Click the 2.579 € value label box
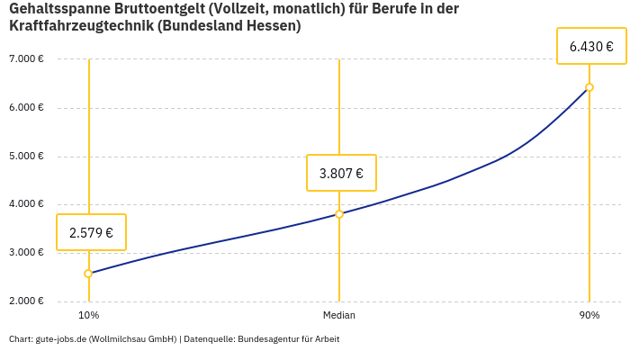91,232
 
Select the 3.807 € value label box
341,173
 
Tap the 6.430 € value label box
591,46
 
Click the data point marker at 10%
88,274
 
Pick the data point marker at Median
339,214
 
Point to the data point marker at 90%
589,87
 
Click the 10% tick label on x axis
88,315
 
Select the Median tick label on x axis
339,315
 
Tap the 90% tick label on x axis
589,315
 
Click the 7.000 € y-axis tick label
26,59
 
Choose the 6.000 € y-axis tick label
26,108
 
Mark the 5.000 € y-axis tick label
26,156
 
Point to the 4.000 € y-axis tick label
26,204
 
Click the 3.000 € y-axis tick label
26,253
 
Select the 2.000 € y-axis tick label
26,301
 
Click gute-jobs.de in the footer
60,339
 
